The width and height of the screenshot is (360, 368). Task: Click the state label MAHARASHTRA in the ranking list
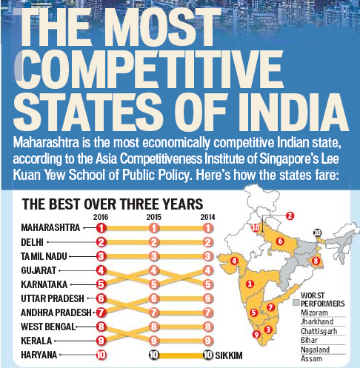[x=48, y=227]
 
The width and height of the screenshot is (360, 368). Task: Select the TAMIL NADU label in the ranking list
[x=44, y=255]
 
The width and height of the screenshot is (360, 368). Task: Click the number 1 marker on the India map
[x=250, y=284]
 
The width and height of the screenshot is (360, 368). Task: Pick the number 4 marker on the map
[x=234, y=260]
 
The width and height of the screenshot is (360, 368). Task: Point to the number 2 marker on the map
[x=290, y=215]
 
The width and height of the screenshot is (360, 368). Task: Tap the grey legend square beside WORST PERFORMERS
[x=296, y=303]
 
